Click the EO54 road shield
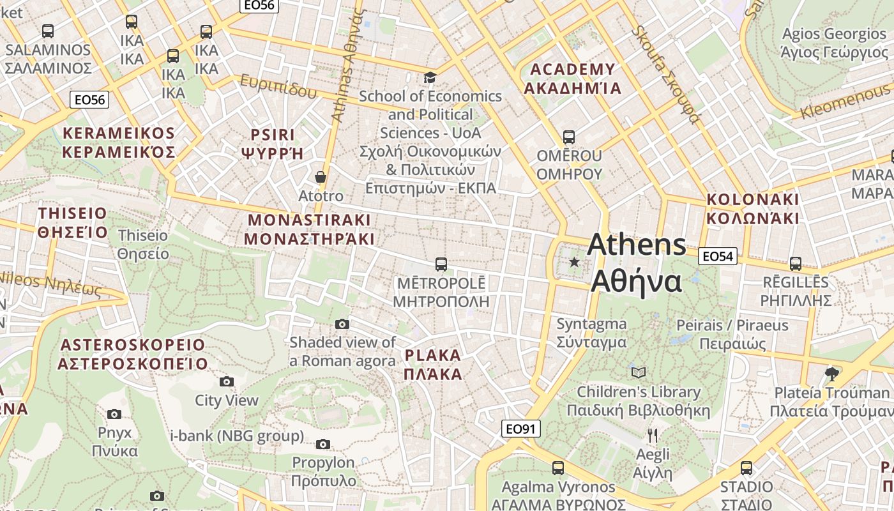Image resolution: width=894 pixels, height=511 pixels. [x=718, y=256]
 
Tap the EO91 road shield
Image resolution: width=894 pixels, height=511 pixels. [x=520, y=429]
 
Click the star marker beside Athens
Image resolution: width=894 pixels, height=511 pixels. [x=575, y=262]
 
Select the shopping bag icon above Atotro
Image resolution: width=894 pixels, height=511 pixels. [x=321, y=177]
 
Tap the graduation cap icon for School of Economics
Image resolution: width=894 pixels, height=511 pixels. [x=430, y=77]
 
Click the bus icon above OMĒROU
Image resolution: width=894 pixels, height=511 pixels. [x=568, y=137]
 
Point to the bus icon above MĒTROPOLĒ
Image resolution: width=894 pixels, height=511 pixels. [x=441, y=264]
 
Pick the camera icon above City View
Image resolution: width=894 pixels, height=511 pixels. [x=226, y=382]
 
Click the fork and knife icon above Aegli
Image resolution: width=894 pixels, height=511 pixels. [x=652, y=436]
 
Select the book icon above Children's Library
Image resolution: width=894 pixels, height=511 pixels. [x=638, y=372]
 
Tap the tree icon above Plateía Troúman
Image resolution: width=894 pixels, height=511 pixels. [x=831, y=373]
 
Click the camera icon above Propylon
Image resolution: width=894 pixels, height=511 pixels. [x=323, y=444]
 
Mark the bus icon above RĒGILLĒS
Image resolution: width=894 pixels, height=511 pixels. [x=796, y=263]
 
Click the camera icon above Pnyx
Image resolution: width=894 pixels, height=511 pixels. [x=114, y=414]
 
